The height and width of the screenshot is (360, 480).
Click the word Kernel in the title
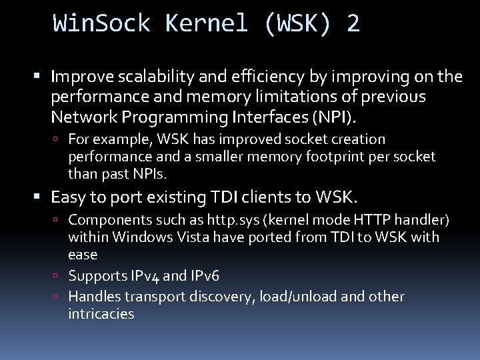point(208,24)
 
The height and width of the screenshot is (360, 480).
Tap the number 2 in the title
point(353,24)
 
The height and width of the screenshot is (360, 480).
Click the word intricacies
point(101,313)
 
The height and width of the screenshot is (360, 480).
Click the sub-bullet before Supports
point(59,276)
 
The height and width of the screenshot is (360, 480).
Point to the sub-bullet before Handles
point(59,296)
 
